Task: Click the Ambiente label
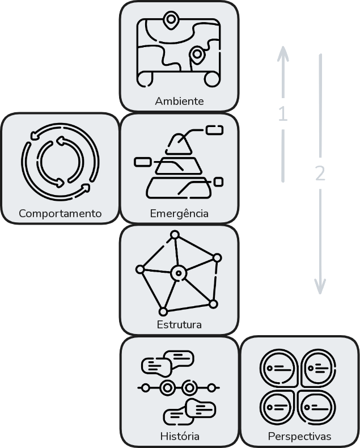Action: point(179,101)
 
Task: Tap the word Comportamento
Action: point(60,213)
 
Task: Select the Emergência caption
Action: point(179,213)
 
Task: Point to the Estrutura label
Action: point(179,324)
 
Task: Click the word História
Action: point(180,436)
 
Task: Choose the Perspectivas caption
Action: point(300,437)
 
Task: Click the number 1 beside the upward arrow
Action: point(282,113)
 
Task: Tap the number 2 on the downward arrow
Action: point(320,173)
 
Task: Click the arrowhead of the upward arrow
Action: point(283,54)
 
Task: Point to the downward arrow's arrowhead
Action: point(320,287)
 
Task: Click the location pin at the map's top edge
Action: point(171,20)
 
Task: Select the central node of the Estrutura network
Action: point(179,273)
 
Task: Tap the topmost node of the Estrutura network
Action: point(175,235)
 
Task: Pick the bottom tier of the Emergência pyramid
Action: point(179,188)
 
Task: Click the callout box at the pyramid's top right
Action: point(214,130)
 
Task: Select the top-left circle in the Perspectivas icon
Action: point(279,368)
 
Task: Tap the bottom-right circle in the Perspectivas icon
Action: point(317,408)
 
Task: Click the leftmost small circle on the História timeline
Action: point(146,388)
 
